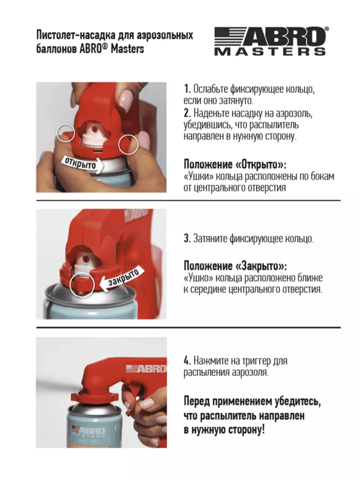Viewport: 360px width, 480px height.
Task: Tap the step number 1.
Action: tap(187, 89)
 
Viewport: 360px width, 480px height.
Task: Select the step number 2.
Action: tap(187, 113)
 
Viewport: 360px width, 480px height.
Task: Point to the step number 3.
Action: tap(187, 238)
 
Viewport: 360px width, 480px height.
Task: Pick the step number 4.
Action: tap(187, 361)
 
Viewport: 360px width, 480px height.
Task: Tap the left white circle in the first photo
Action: tap(66, 133)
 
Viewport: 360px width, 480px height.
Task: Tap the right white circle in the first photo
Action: tap(128, 144)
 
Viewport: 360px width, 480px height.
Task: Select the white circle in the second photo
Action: tap(82, 284)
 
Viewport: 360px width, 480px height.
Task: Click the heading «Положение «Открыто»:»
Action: tap(235, 164)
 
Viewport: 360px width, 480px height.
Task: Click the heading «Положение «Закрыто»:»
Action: tap(235, 266)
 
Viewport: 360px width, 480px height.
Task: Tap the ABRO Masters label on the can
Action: tap(89, 433)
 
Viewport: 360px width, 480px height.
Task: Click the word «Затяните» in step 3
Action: tap(210, 238)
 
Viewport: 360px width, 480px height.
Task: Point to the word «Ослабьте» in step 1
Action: tap(211, 89)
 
